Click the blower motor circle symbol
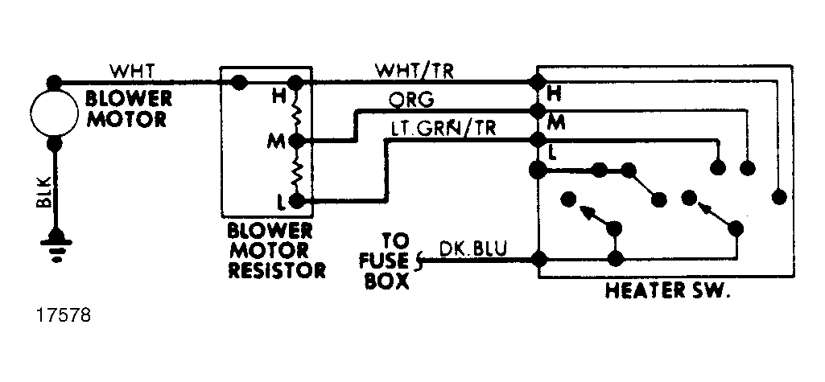[54, 113]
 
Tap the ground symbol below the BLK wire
[55, 244]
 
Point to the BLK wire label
[44, 191]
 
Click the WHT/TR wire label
[414, 71]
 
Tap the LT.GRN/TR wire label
[443, 128]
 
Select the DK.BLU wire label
[473, 249]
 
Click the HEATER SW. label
[668, 290]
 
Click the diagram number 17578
[64, 316]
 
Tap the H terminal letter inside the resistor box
[278, 97]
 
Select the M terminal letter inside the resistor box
[277, 142]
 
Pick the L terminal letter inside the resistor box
[282, 202]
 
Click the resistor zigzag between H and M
[297, 112]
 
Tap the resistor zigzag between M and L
[297, 170]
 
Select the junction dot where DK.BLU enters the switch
[538, 258]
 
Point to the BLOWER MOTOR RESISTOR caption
[270, 250]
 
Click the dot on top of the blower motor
[54, 83]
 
